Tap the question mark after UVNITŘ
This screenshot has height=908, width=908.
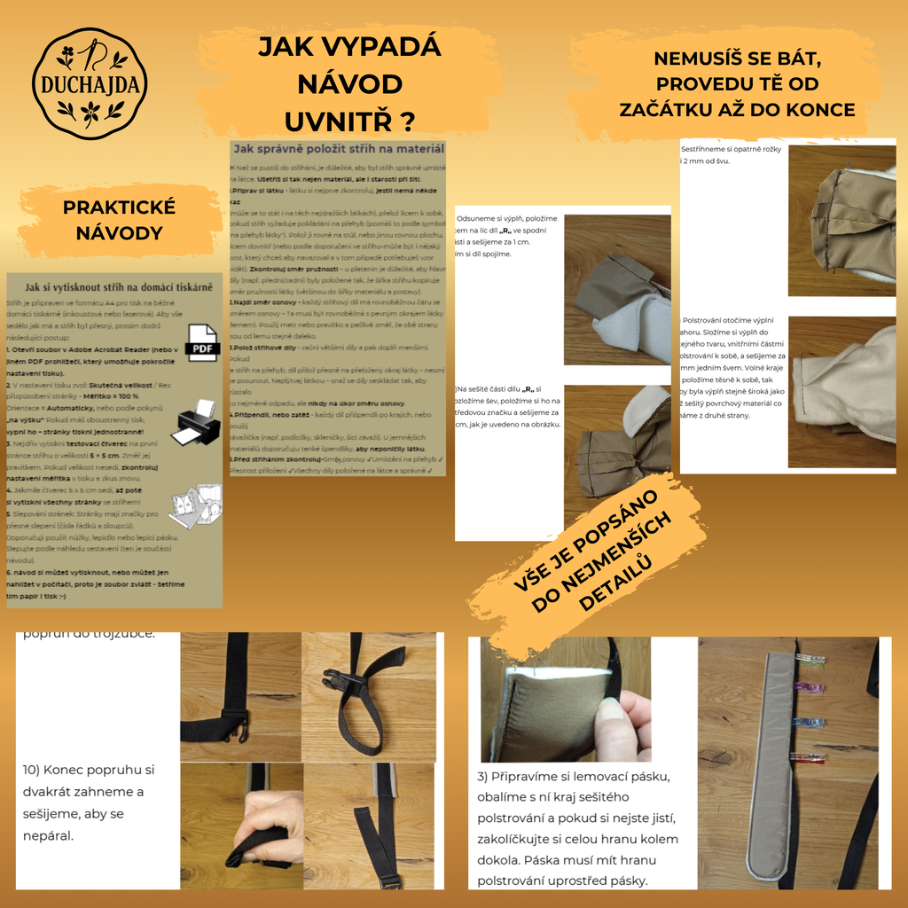406,121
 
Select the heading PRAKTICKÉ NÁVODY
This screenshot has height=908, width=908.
119,220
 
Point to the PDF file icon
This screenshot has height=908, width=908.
202,343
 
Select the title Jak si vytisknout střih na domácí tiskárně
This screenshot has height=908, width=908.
119,286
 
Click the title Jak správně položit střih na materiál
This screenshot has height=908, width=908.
337,149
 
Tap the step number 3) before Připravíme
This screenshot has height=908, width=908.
484,777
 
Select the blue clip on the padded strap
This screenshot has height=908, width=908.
810,723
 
